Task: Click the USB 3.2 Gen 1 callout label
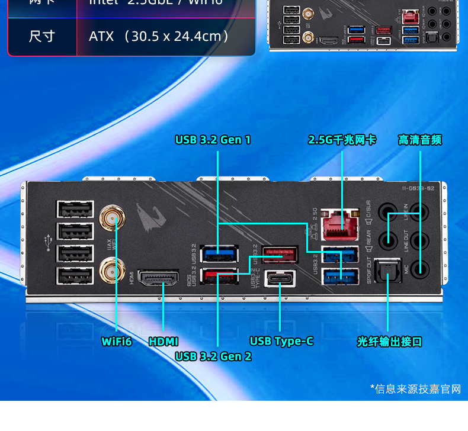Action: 213,140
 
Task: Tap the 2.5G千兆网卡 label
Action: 342,140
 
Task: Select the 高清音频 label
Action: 420,140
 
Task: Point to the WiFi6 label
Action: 117,342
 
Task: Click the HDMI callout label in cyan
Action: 164,342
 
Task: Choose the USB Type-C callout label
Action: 281,342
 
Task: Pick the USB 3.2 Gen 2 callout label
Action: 213,356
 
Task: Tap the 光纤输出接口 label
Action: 389,342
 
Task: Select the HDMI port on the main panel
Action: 159,278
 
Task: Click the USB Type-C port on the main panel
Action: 280,278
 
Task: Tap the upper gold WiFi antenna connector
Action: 110,217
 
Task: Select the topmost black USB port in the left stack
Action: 75,210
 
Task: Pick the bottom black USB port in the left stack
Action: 75,276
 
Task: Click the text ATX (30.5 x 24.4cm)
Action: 159,36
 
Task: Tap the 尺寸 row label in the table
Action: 42,36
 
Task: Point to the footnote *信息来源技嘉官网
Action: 415,389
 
